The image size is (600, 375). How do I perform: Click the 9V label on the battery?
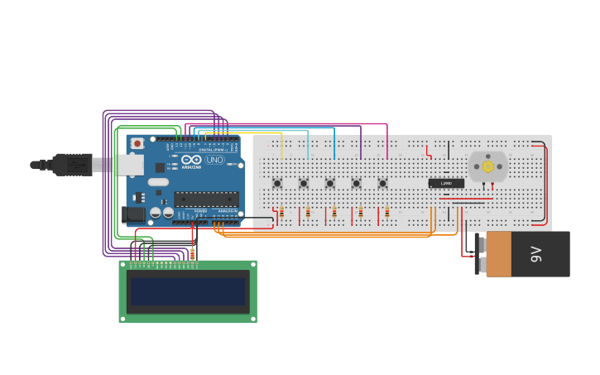(x=535, y=254)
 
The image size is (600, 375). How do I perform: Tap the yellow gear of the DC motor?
(x=487, y=166)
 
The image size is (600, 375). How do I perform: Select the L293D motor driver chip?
(x=446, y=183)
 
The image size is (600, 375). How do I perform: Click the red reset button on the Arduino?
(x=137, y=143)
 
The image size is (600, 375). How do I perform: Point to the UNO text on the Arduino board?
(x=214, y=160)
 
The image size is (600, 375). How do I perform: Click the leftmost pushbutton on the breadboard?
(x=277, y=183)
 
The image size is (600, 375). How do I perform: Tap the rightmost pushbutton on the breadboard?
(x=382, y=183)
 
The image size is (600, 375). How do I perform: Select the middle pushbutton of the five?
(x=329, y=183)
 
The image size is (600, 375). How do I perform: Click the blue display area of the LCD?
(x=187, y=291)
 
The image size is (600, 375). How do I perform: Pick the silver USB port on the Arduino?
(x=127, y=166)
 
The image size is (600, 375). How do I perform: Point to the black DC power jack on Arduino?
(x=132, y=214)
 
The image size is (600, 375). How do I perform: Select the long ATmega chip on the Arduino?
(x=206, y=199)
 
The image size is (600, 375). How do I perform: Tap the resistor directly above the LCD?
(x=193, y=254)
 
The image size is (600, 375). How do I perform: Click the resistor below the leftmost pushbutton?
(x=281, y=213)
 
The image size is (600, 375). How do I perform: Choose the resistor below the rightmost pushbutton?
(x=386, y=213)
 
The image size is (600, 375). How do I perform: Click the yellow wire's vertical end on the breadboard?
(x=281, y=147)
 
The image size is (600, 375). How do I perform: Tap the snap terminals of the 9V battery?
(x=478, y=253)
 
